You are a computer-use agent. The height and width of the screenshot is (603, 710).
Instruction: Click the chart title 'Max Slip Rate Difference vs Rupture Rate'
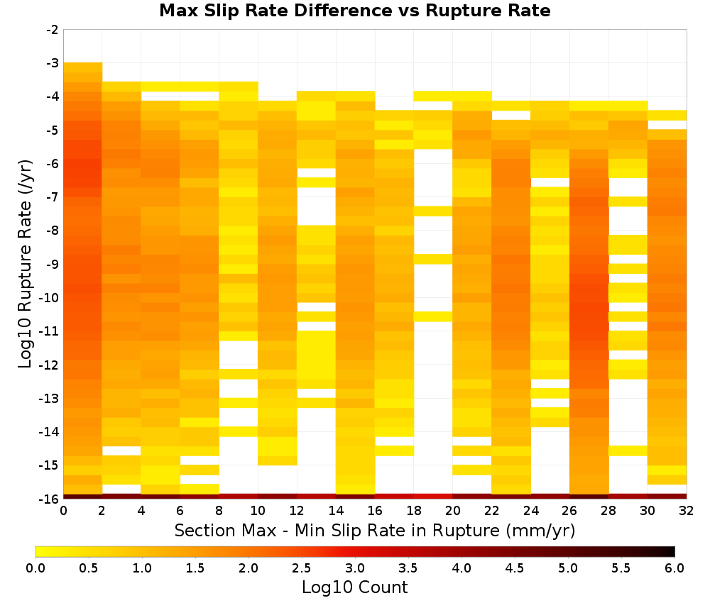pos(355,11)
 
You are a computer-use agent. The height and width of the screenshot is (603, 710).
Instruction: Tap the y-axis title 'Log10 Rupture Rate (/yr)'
pos(25,264)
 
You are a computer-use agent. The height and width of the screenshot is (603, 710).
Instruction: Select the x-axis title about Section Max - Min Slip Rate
pos(374,531)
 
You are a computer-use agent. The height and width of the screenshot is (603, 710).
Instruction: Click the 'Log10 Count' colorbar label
pos(354,587)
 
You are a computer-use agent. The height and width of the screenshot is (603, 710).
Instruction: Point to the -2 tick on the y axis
pos(53,30)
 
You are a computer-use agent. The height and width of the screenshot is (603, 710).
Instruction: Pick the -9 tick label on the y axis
pos(53,264)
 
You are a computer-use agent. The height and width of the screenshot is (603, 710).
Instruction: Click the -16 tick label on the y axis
pos(50,499)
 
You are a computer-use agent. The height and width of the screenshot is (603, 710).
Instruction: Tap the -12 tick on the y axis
pos(50,365)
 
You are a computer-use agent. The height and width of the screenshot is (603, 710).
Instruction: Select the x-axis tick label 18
pos(413,511)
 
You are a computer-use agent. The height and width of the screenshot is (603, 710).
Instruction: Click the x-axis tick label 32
pos(686,511)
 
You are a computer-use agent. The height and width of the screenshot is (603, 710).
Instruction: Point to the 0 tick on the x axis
pos(63,511)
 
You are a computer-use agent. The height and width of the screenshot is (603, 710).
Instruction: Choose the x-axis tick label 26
pos(569,511)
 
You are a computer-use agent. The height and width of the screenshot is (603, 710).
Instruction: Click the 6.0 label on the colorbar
pos(674,568)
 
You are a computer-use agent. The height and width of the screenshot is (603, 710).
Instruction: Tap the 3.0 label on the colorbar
pos(355,568)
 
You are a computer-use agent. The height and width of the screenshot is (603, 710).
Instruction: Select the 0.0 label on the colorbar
pos(35,568)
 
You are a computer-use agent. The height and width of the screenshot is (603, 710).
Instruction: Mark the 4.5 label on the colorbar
pos(514,568)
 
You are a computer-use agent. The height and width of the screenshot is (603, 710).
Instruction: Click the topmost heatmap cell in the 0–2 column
pos(83,67)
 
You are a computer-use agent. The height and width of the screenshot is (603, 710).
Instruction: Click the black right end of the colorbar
pos(672,551)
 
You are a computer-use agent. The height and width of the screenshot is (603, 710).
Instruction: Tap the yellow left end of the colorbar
pos(39,551)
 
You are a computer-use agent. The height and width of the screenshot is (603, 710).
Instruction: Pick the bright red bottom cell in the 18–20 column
pos(433,497)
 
